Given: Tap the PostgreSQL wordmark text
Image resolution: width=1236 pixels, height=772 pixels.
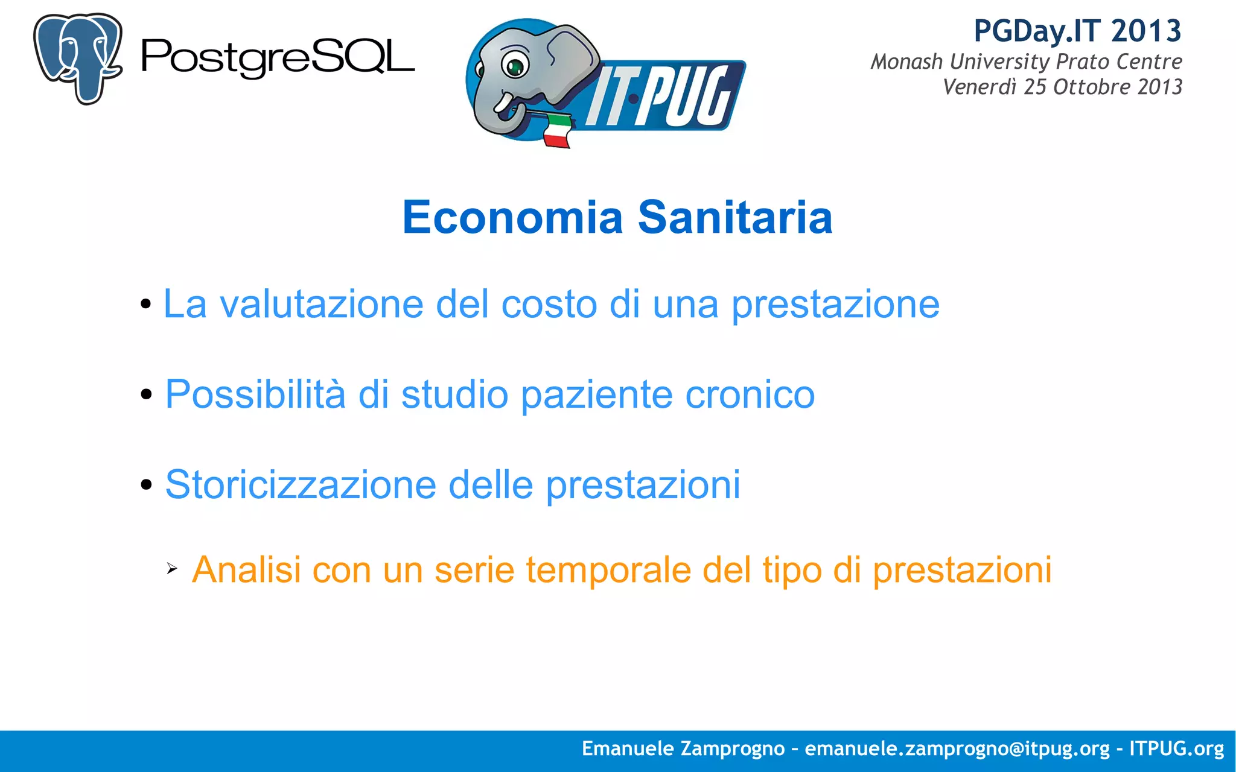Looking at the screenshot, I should [278, 58].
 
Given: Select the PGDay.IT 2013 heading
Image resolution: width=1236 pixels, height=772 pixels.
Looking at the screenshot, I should [1077, 31].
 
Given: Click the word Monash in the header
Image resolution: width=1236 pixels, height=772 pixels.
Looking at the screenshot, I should [906, 62].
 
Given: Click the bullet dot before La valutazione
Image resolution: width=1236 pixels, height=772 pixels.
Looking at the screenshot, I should [145, 304].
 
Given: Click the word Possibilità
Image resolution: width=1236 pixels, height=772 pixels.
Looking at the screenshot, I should [255, 394].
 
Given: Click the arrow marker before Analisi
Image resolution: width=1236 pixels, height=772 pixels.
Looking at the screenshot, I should [172, 568].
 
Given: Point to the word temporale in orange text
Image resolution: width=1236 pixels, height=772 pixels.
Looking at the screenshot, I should [608, 569].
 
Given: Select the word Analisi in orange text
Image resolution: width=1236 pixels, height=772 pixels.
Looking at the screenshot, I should [246, 569].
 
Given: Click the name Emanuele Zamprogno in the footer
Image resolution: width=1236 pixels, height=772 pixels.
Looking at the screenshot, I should [683, 748].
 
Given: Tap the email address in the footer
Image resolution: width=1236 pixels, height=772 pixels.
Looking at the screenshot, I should [957, 748].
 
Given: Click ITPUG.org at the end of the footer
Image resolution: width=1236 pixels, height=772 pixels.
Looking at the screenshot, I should [1176, 748].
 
